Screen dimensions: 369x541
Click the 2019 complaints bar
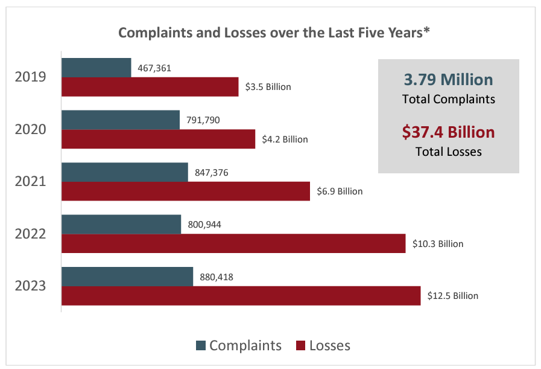coord(96,68)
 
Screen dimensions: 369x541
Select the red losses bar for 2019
coord(150,87)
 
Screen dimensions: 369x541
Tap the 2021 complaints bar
coord(125,172)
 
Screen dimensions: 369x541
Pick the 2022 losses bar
coord(233,243)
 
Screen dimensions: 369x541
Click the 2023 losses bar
coord(241,296)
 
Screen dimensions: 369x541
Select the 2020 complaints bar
coord(121,120)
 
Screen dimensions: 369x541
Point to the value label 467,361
coord(154,68)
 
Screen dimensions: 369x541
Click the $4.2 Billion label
coord(285,140)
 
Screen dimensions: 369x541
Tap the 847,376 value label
coord(212,173)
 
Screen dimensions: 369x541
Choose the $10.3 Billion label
coord(438,244)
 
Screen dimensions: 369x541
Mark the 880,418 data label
coord(217,277)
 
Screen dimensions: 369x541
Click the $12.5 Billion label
coord(452,296)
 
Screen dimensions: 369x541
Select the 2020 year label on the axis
coord(31,129)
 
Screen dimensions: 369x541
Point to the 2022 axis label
coord(31,234)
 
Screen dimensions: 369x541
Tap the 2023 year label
coord(31,286)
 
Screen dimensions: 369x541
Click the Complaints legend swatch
coord(201,346)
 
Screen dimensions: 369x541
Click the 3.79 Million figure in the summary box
coord(448,79)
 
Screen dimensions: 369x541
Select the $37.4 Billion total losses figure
coord(448,132)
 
